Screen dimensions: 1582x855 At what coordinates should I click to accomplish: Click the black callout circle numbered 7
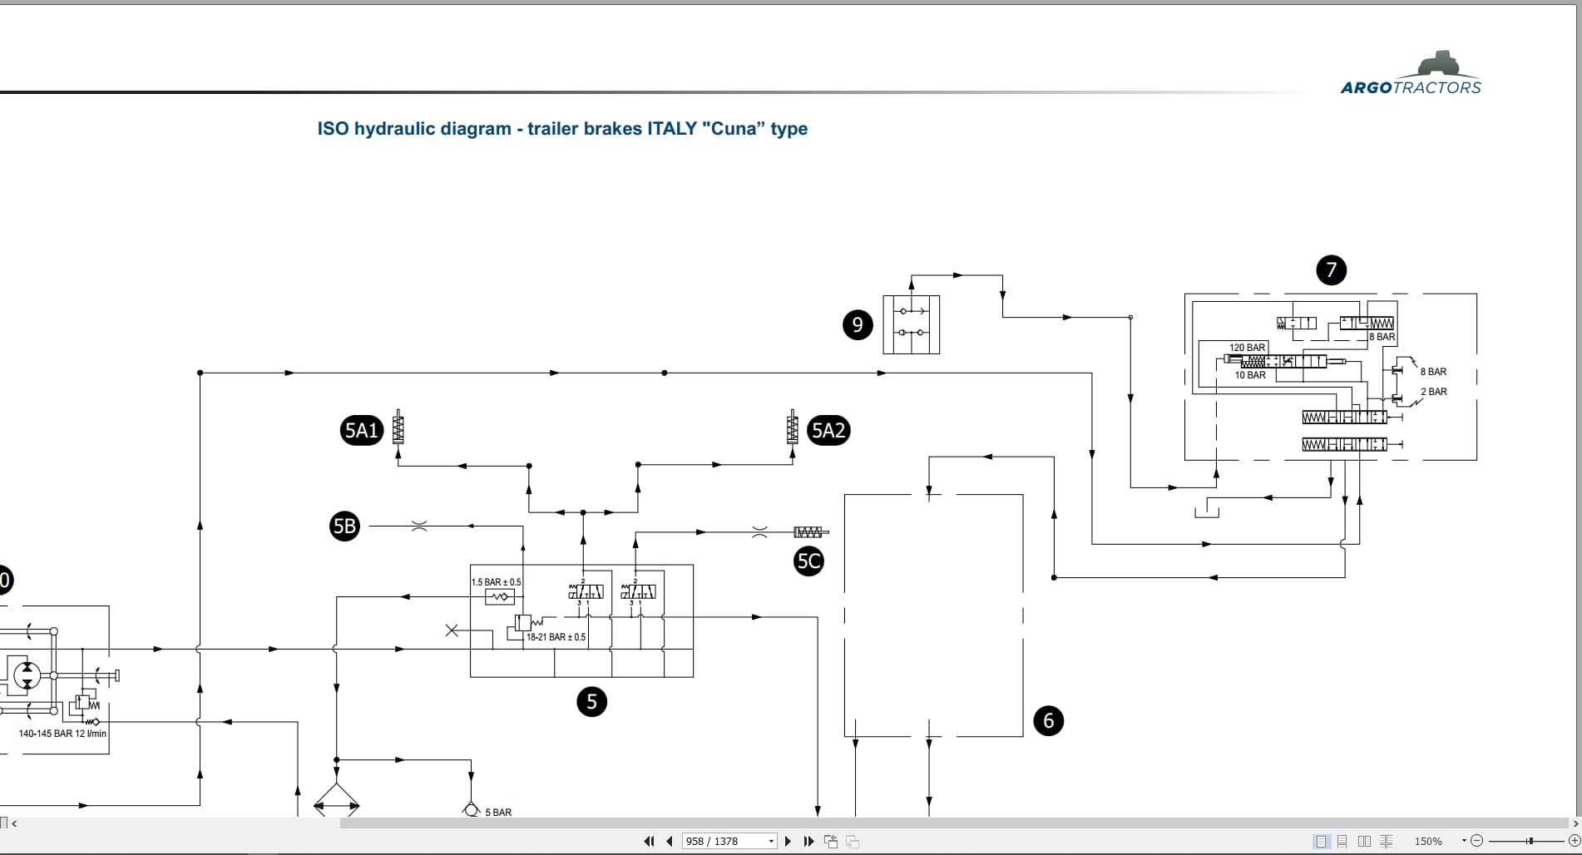coord(1331,269)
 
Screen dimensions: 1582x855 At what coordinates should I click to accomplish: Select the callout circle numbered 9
coord(858,324)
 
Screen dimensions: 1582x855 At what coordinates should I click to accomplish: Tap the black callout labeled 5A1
coord(361,430)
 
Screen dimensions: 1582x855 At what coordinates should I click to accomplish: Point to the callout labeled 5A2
coord(828,430)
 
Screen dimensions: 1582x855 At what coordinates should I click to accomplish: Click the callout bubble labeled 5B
coord(344,526)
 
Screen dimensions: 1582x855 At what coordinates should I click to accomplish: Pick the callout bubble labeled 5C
coord(808,561)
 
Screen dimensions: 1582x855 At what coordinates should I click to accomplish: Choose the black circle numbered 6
coord(1048,720)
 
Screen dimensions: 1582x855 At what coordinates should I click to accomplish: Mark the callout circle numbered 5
coord(591,701)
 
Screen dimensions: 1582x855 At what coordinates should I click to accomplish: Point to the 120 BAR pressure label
coord(1247,348)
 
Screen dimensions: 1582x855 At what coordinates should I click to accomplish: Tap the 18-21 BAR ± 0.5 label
coord(556,637)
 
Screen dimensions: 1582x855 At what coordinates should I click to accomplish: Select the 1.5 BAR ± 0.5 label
coord(497,582)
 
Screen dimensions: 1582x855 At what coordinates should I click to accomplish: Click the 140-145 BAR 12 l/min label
coord(62,734)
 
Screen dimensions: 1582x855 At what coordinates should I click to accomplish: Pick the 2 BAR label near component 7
coord(1433,392)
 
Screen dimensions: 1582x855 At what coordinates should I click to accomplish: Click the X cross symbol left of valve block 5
coord(452,630)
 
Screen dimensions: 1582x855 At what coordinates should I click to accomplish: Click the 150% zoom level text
coord(1428,842)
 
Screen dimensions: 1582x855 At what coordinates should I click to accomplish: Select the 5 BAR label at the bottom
coord(498,813)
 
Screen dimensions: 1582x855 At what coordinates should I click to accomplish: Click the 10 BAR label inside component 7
coord(1250,375)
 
